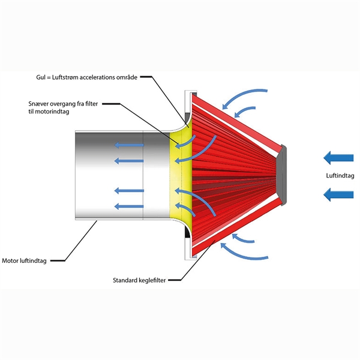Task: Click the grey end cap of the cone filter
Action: click(284, 174)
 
